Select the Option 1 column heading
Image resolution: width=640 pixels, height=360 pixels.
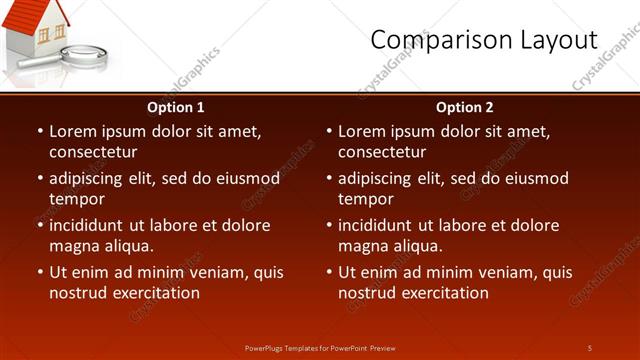(x=176, y=107)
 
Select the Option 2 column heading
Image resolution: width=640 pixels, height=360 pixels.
(x=465, y=107)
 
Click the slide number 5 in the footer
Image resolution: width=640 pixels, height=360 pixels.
(x=590, y=348)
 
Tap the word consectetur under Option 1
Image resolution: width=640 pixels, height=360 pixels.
(x=93, y=152)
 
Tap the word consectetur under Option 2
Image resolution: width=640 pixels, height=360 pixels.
(x=382, y=152)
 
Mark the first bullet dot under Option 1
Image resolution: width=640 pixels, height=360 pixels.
(x=40, y=131)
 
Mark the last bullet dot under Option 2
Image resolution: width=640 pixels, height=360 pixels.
(x=329, y=272)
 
